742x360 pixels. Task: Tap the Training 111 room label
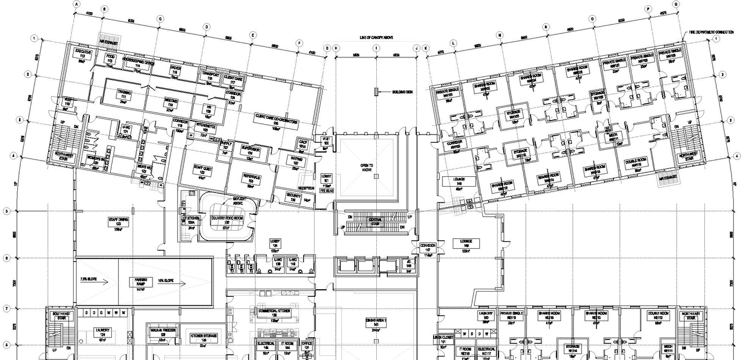[123, 94]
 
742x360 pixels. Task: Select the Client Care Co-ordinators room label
[276, 119]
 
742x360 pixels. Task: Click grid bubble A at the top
[76, 3]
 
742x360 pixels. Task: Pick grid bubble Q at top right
[676, 4]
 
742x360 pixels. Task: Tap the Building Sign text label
[402, 92]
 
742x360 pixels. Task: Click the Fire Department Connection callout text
[711, 32]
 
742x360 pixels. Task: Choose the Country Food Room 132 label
[226, 220]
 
